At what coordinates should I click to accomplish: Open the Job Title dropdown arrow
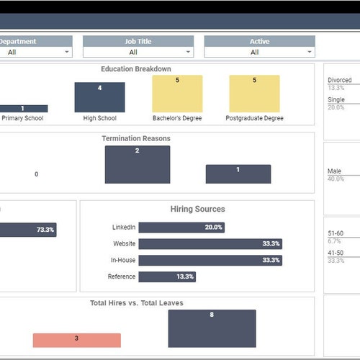point(188,52)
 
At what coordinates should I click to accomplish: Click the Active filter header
point(259,41)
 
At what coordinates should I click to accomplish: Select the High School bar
point(99,97)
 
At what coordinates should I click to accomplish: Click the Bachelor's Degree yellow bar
point(177,94)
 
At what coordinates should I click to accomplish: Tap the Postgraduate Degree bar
point(254,94)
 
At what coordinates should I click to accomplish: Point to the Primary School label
point(23,118)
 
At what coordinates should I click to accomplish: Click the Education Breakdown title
point(136,69)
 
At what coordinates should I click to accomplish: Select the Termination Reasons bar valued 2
point(138,164)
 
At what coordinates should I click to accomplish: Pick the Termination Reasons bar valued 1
point(238,174)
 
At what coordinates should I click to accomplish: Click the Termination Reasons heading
point(136,138)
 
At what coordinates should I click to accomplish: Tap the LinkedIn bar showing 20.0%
point(181,227)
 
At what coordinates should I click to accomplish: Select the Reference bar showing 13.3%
point(167,276)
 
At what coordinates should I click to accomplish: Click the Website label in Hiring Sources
point(123,243)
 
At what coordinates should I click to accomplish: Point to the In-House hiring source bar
point(210,260)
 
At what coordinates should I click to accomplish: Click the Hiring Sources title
point(197,210)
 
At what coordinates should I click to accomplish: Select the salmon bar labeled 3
point(76,339)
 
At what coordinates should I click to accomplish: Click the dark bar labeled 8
point(212,328)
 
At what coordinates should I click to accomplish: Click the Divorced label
point(340,81)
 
